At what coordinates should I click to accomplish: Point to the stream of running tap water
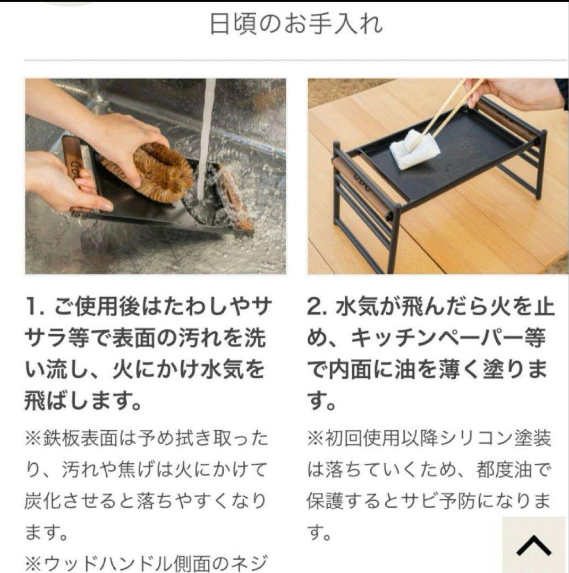pyautogui.click(x=205, y=138)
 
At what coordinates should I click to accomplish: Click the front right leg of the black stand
pyautogui.click(x=395, y=239)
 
